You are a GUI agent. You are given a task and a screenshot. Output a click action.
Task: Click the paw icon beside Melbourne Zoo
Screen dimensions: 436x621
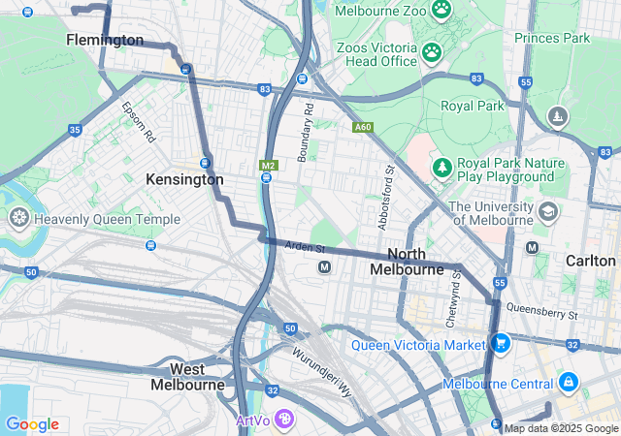[441, 10]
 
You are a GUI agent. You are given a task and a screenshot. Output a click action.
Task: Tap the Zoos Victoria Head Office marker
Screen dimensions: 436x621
[432, 51]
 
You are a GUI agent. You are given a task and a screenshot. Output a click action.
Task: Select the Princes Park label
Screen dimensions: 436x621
[552, 38]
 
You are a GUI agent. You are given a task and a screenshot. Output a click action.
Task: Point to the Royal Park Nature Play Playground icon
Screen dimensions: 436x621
[441, 170]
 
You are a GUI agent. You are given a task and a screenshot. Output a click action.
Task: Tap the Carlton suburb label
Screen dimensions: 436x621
[591, 261]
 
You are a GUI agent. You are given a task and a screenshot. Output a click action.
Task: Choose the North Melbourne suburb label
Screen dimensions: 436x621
[408, 261]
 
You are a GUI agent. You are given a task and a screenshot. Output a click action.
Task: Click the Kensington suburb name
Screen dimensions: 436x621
[184, 179]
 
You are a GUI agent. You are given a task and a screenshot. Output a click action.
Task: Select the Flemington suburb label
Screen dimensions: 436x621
[105, 40]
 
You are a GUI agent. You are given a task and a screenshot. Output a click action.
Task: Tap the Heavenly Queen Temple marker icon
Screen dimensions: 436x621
[17, 219]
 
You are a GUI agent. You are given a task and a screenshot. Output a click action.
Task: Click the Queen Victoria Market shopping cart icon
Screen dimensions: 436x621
[501, 344]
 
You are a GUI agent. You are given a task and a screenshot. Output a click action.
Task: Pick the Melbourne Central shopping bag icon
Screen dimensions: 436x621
[568, 384]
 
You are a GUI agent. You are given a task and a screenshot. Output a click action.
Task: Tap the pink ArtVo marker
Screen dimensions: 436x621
[284, 420]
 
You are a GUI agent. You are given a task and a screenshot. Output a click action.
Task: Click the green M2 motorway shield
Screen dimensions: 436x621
[268, 166]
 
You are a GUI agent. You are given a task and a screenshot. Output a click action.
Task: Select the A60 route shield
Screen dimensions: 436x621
[363, 127]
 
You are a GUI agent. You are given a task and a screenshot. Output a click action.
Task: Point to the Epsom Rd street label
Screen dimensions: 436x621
[138, 121]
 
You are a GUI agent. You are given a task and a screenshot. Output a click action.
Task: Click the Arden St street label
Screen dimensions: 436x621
[305, 248]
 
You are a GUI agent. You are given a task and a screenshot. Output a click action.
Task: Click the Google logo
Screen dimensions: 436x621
[32, 424]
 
